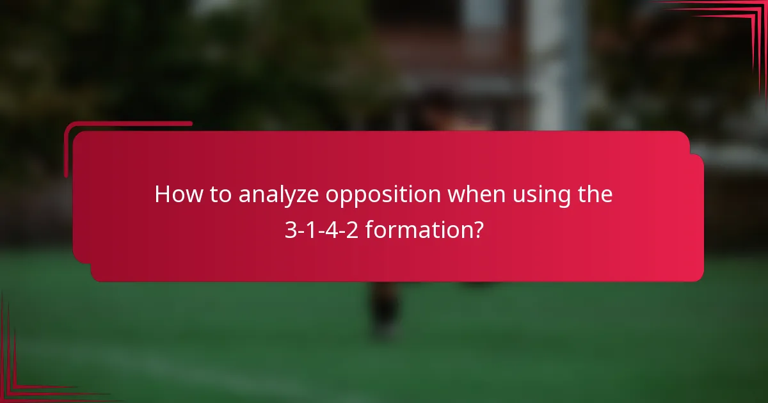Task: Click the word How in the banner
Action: [x=174, y=194]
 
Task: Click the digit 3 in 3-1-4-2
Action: [x=290, y=230]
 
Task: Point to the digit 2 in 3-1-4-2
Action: [x=351, y=230]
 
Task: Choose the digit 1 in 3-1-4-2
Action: [x=310, y=230]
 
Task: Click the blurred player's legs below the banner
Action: [x=384, y=310]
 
